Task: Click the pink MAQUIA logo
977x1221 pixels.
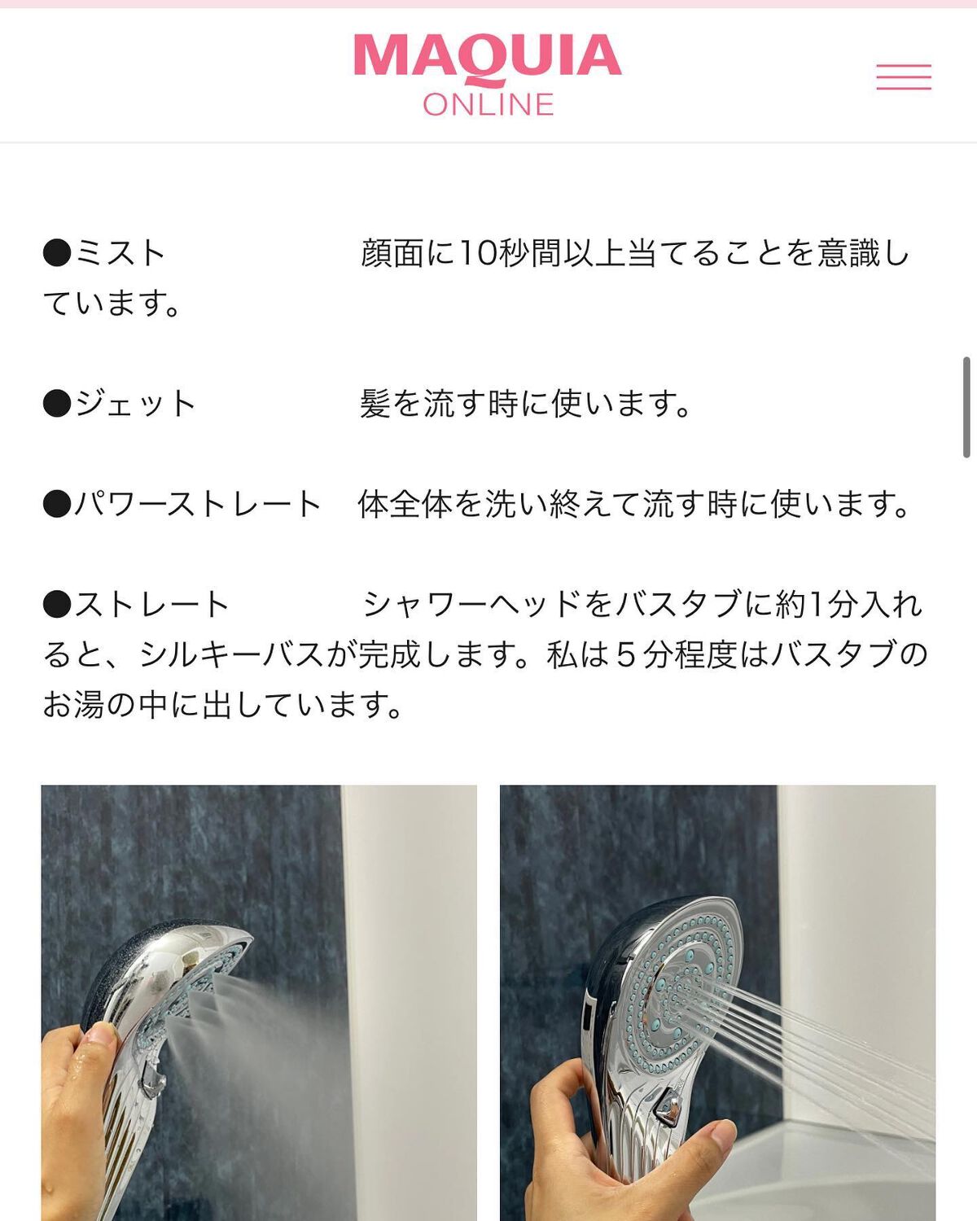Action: pyautogui.click(x=488, y=57)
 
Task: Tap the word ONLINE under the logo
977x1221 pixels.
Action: pyautogui.click(x=488, y=104)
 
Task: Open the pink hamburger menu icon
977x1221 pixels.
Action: pyautogui.click(x=904, y=77)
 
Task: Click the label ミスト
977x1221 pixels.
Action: pyautogui.click(x=120, y=253)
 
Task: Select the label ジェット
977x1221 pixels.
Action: pyautogui.click(x=135, y=404)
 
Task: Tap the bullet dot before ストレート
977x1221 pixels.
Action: pyautogui.click(x=57, y=604)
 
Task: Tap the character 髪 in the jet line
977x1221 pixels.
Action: pyautogui.click(x=375, y=404)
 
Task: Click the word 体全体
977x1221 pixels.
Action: pyautogui.click(x=405, y=505)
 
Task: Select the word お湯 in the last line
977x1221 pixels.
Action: pyautogui.click(x=74, y=705)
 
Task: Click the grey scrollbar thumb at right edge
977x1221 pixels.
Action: pyautogui.click(x=966, y=407)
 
